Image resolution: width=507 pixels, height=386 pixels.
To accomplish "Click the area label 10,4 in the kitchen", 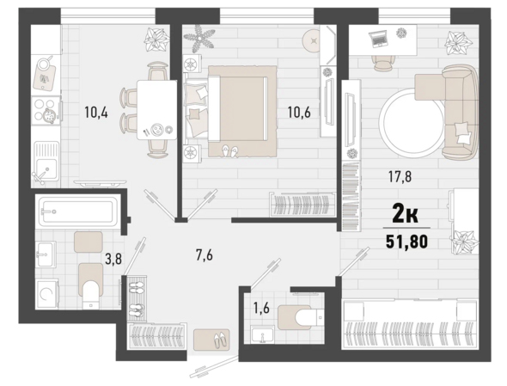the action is coord(96,113).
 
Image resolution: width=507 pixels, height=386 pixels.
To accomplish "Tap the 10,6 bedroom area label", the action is coord(299,113).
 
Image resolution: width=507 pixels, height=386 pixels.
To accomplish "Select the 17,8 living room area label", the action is coord(400,177).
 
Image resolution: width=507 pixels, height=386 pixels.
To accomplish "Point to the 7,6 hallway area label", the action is coord(205,255).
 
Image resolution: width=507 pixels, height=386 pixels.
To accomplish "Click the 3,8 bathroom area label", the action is coord(113,259).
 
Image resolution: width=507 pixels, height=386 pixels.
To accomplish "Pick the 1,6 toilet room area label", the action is coord(261,309).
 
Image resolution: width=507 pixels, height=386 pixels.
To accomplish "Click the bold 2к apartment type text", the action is coord(405,214).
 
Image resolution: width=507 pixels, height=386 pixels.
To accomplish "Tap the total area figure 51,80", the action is coord(406,241).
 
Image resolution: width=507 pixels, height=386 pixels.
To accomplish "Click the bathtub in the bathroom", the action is coord(77,211).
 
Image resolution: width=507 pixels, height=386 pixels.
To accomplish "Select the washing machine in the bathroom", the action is coord(47,294).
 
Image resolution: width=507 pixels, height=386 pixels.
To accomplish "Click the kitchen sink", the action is coord(46,162).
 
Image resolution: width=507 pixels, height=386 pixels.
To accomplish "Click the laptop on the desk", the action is coord(378,39).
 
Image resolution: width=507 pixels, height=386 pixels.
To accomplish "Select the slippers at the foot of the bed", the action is coord(230,151).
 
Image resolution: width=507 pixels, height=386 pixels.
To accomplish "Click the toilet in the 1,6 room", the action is coord(300,316).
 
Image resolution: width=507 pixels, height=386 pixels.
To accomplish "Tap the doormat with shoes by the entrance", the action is coord(211,340).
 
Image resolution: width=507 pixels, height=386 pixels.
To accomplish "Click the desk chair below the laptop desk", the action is coord(384,63).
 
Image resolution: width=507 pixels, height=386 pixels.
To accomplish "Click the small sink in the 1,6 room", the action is coord(263,334).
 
